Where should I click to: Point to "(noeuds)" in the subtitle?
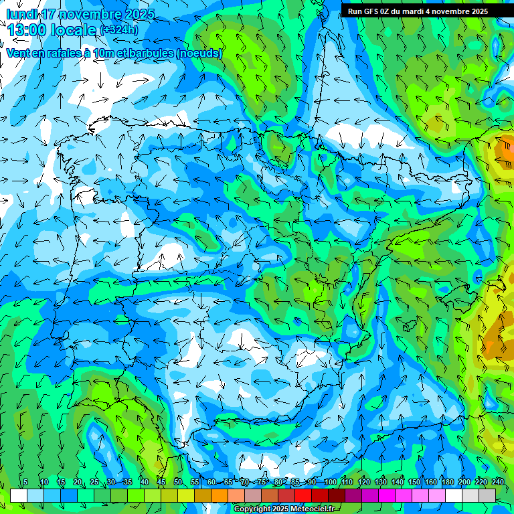(x=199, y=53)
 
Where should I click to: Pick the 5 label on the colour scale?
(x=25, y=483)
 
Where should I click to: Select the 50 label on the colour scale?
(x=178, y=483)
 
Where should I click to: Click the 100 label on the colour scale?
(x=331, y=483)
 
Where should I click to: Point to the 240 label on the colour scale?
(x=498, y=483)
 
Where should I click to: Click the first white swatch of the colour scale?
(x=18, y=495)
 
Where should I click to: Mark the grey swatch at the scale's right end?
(x=487, y=495)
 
